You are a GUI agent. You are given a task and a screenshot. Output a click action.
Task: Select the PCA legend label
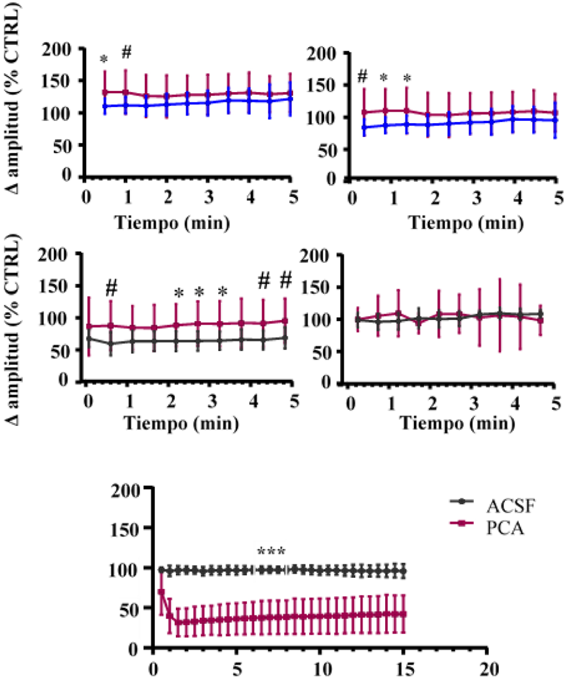pyautogui.click(x=506, y=528)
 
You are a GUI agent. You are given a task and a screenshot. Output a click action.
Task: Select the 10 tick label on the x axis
pyautogui.click(x=319, y=669)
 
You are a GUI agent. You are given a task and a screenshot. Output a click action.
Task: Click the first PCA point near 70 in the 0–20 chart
pyautogui.click(x=161, y=592)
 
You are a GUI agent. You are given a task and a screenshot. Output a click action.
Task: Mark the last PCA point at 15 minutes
pyautogui.click(x=404, y=614)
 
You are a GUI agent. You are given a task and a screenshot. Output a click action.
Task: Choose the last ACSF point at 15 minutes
pyautogui.click(x=404, y=571)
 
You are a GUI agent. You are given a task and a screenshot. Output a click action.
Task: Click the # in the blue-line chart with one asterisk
pyautogui.click(x=126, y=52)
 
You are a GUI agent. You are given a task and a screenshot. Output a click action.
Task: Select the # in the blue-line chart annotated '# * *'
pyautogui.click(x=362, y=76)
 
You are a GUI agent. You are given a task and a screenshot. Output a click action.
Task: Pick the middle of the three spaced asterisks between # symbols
pyautogui.click(x=199, y=293)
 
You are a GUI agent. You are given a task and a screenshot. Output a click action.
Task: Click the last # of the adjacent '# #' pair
pyautogui.click(x=286, y=281)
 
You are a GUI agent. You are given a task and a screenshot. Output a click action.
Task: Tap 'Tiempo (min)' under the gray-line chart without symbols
pyautogui.click(x=457, y=423)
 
